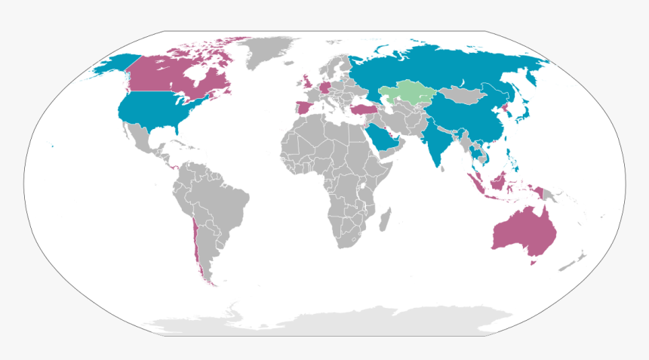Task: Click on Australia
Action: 524,231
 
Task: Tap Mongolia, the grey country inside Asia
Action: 460,94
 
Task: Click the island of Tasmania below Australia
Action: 534,263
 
